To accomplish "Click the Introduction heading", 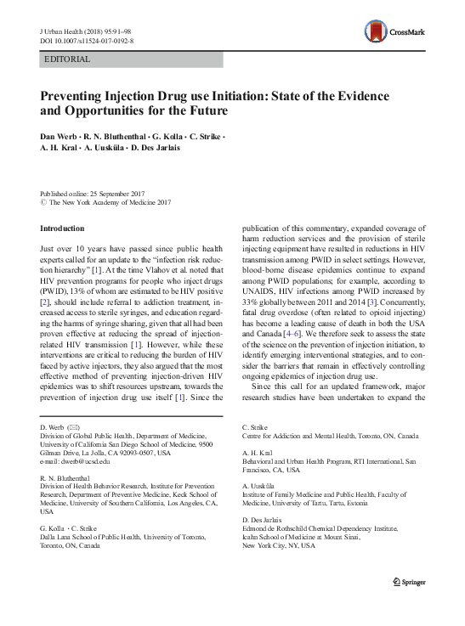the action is [x=63, y=228].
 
